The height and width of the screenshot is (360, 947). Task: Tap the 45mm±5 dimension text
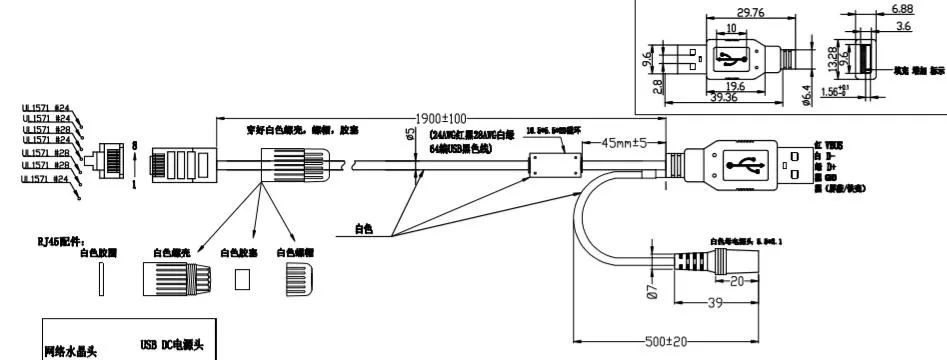point(623,141)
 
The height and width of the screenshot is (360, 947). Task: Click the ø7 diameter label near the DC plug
point(651,291)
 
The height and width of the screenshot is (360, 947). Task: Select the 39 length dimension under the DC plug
point(716,302)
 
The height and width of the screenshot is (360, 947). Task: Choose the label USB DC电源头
point(171,345)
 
